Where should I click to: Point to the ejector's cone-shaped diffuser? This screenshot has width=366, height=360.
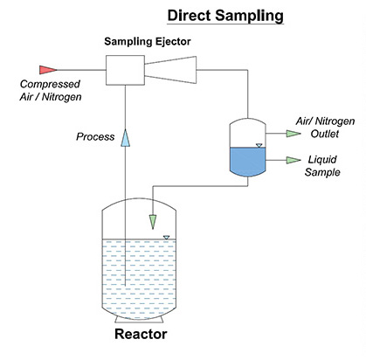click(x=174, y=68)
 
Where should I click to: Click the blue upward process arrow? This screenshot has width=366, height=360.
click(x=126, y=136)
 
